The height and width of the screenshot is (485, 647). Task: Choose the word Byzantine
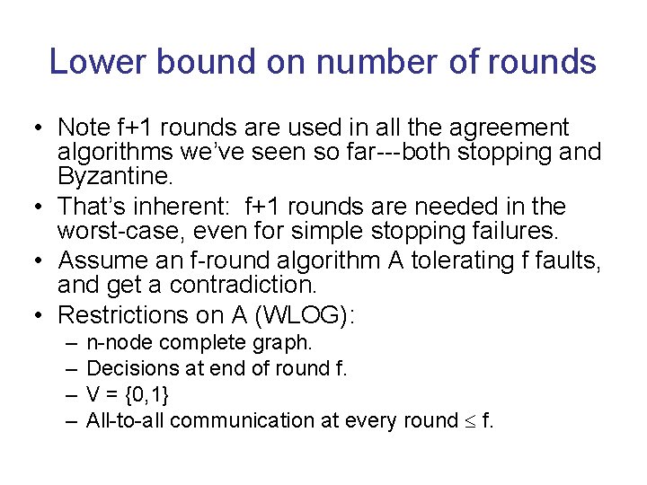[110, 175]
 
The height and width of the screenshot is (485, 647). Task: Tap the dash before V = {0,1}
[70, 394]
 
